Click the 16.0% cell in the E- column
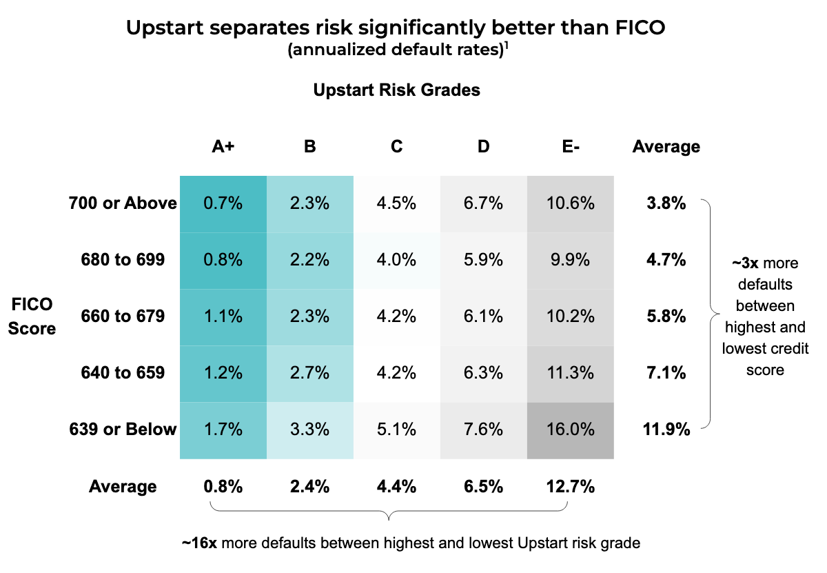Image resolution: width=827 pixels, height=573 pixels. (570, 430)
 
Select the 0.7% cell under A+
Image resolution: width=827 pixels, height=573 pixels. (223, 203)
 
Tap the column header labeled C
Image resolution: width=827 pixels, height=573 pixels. (396, 146)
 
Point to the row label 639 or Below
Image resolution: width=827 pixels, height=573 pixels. (123, 430)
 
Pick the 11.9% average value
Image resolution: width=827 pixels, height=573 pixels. (666, 430)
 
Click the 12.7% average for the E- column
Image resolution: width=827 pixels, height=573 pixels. (570, 487)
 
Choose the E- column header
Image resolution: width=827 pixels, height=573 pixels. (570, 146)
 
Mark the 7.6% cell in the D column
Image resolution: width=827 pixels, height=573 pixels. (483, 430)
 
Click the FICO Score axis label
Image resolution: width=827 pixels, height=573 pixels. (33, 316)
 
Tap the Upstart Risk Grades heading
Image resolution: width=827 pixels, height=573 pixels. (396, 90)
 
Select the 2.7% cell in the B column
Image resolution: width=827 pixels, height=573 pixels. (309, 373)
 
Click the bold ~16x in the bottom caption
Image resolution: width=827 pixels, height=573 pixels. (200, 543)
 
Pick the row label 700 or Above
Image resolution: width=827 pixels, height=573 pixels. (123, 203)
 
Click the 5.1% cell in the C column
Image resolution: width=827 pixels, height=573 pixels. (396, 430)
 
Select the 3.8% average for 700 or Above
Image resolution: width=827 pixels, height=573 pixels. (666, 203)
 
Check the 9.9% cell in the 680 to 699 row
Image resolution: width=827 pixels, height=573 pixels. (570, 260)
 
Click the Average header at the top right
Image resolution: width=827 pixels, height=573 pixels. (666, 146)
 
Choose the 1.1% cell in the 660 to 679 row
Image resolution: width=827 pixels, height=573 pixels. (223, 316)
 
